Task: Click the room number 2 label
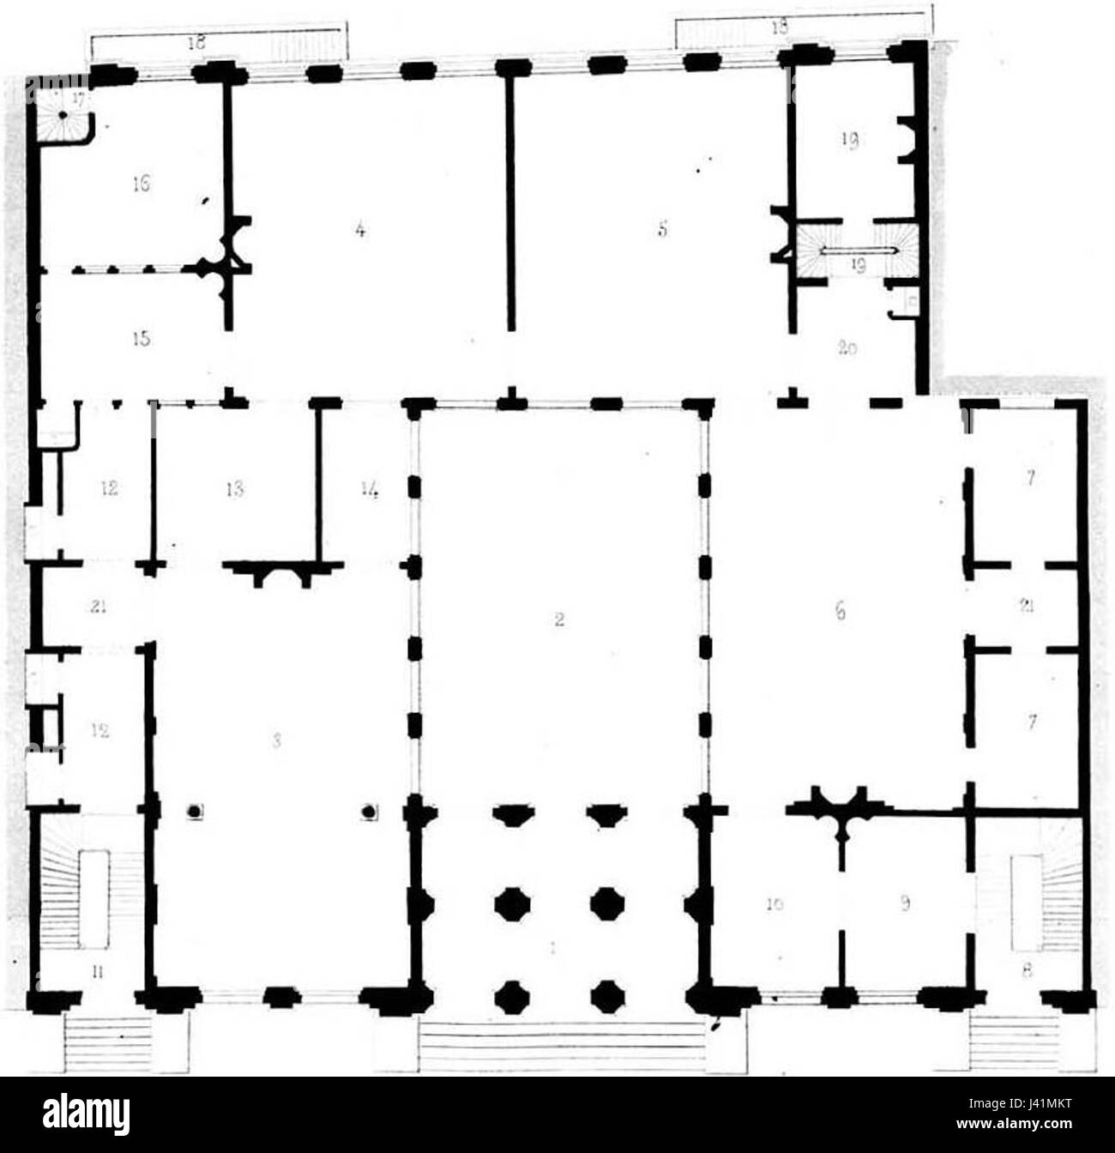coord(558,620)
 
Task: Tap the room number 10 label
coord(774,927)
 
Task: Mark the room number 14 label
coord(370,489)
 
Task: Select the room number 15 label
coord(142,339)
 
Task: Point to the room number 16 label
coord(142,183)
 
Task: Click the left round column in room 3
coord(196,811)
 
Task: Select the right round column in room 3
coord(370,811)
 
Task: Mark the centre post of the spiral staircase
coord(63,114)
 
